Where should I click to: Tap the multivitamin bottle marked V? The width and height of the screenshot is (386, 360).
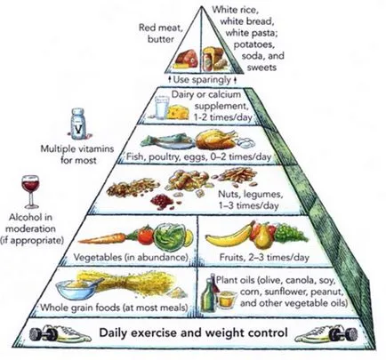click(x=78, y=124)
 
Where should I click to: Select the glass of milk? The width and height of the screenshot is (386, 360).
click(x=162, y=108)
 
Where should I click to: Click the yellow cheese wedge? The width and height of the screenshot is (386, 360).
click(x=178, y=112)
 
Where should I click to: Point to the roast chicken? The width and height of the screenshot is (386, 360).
click(x=216, y=139)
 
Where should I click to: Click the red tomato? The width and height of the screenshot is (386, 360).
click(x=146, y=236)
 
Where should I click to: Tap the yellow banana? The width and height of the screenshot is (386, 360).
click(x=229, y=236)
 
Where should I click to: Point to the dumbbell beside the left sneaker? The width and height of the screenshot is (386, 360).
click(x=42, y=333)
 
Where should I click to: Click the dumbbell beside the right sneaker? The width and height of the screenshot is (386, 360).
click(x=344, y=333)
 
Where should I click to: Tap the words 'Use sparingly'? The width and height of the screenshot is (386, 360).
click(x=202, y=79)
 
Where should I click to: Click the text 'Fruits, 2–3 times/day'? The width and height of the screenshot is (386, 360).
click(x=264, y=257)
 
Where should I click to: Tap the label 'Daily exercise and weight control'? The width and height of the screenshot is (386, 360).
click(x=193, y=332)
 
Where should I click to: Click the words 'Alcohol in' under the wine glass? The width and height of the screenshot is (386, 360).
click(x=30, y=217)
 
